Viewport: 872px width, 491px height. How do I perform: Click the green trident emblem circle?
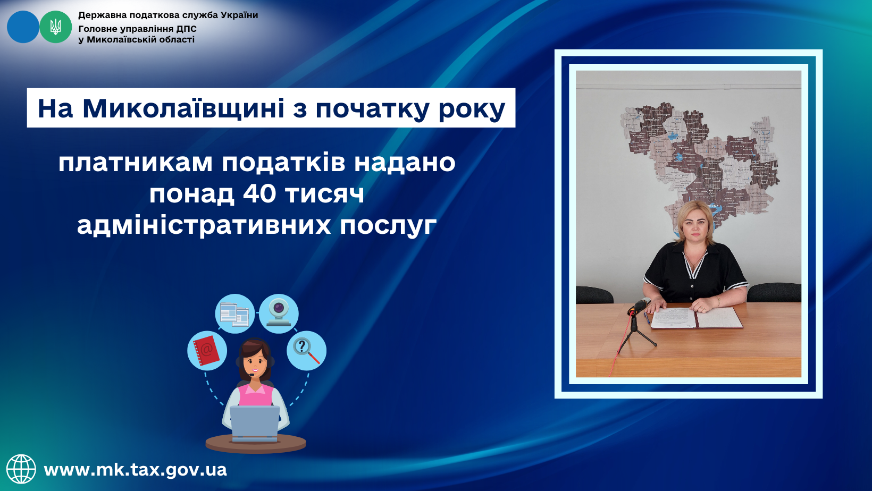pos(56,27)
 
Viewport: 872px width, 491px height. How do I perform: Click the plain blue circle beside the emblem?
pos(23,27)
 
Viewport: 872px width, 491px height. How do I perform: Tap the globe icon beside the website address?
pos(21,469)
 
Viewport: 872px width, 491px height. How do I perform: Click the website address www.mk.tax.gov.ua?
pos(135,470)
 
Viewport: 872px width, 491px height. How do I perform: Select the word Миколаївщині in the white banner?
pos(183,108)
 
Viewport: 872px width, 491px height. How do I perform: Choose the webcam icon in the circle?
pos(279,313)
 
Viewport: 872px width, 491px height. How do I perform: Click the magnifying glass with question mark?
pos(306,351)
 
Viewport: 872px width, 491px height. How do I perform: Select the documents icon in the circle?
pos(234,315)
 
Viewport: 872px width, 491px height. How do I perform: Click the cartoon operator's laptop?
pos(255,424)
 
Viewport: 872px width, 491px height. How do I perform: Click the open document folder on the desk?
pos(696,318)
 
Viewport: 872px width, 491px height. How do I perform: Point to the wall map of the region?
pos(700,164)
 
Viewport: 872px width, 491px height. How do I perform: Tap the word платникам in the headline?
pos(136,163)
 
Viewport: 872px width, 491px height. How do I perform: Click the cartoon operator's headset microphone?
pos(252,375)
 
